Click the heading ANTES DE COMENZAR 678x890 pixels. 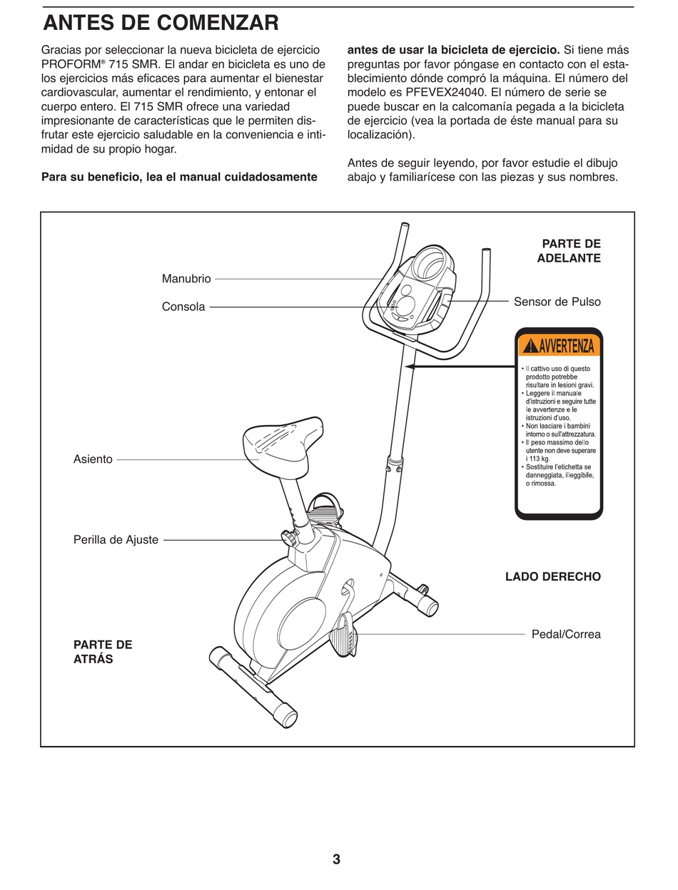pyautogui.click(x=161, y=24)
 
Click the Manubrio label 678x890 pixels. pyautogui.click(x=186, y=279)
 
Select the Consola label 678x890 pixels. pyautogui.click(x=183, y=307)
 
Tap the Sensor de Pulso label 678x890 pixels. pyautogui.click(x=557, y=302)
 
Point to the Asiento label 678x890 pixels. pyautogui.click(x=93, y=459)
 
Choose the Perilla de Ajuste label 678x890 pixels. pyautogui.click(x=116, y=540)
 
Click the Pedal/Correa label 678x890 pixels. pyautogui.click(x=566, y=634)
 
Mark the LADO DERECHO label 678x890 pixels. pyautogui.click(x=552, y=576)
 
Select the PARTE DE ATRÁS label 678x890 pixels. pyautogui.click(x=103, y=652)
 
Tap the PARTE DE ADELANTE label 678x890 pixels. pyautogui.click(x=570, y=251)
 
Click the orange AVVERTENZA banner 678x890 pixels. pyautogui.click(x=559, y=346)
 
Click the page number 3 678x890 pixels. pyautogui.click(x=336, y=859)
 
